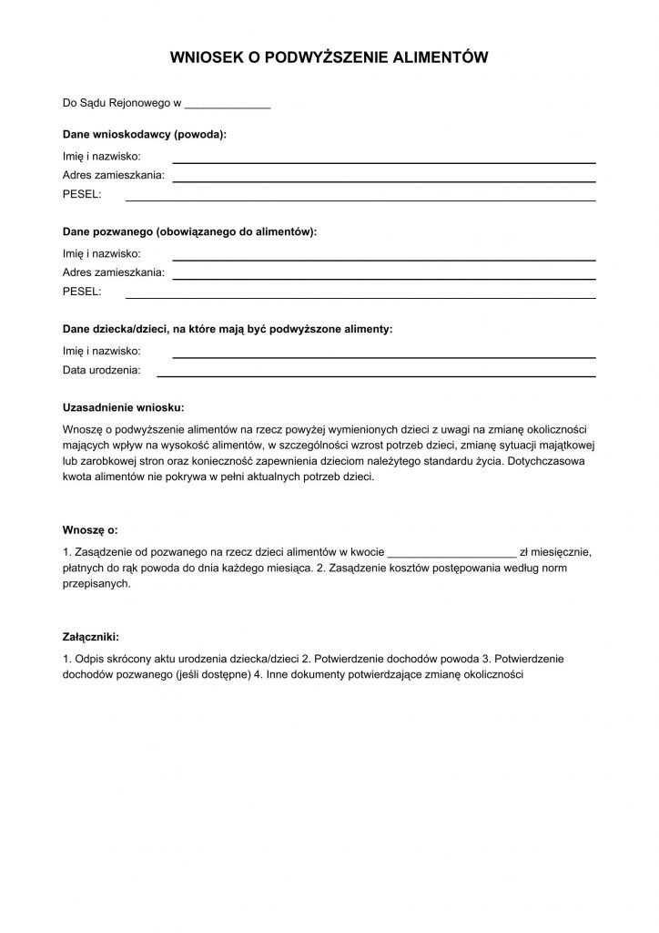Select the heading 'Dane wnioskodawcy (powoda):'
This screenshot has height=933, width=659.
pos(145,134)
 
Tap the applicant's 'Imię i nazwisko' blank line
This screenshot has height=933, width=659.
pos(384,160)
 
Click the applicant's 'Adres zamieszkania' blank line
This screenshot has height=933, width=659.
pos(384,179)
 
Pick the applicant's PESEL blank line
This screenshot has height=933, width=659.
pos(360,198)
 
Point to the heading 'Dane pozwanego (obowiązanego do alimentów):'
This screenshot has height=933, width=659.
pos(189,232)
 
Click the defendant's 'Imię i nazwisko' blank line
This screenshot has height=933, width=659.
pos(384,258)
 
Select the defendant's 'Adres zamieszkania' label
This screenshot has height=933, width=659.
pos(114,272)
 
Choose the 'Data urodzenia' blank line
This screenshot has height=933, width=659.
pos(376,374)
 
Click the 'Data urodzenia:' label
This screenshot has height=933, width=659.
pos(101,371)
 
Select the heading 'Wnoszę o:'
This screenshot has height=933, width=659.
pos(90,529)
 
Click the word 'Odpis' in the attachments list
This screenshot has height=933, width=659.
pos(87,658)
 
